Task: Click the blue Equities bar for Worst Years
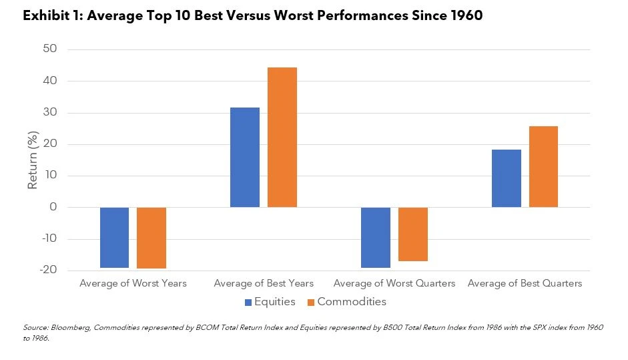pos(114,237)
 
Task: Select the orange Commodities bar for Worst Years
pos(151,238)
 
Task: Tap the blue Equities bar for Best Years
pos(244,157)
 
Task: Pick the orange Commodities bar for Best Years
pos(282,137)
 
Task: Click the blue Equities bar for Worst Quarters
pos(375,237)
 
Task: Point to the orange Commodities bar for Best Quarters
pos(543,166)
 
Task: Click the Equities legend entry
pos(270,302)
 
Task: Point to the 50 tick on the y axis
pos(50,49)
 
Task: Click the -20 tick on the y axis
pos(48,271)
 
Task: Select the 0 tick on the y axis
pos(53,207)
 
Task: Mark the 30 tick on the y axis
pos(50,112)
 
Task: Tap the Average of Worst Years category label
pos(133,283)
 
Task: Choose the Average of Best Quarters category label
pos(525,283)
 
